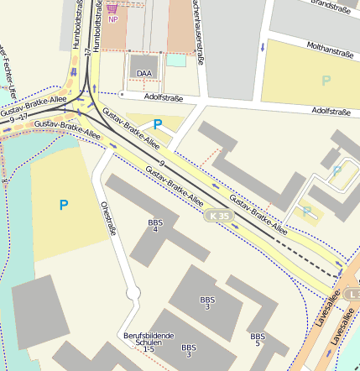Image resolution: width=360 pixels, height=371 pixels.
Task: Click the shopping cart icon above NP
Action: (112, 8)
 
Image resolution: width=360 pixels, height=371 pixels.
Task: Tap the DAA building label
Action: (144, 73)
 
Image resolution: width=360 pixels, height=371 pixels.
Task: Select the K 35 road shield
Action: (219, 216)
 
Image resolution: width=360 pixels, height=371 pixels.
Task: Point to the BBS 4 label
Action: (154, 225)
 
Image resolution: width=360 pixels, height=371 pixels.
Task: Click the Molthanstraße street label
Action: (330, 51)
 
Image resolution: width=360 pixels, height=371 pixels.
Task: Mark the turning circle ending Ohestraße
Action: (132, 294)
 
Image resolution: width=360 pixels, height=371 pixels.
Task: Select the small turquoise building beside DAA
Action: (176, 60)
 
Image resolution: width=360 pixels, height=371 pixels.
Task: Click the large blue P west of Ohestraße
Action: (63, 204)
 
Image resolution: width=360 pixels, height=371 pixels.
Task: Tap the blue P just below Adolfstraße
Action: (157, 124)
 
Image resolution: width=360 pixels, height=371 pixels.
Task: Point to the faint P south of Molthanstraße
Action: (326, 81)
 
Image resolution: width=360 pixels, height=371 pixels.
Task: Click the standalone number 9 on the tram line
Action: (160, 163)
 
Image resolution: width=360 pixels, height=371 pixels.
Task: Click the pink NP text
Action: (112, 18)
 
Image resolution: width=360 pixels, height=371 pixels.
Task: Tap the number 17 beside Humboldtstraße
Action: (87, 52)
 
